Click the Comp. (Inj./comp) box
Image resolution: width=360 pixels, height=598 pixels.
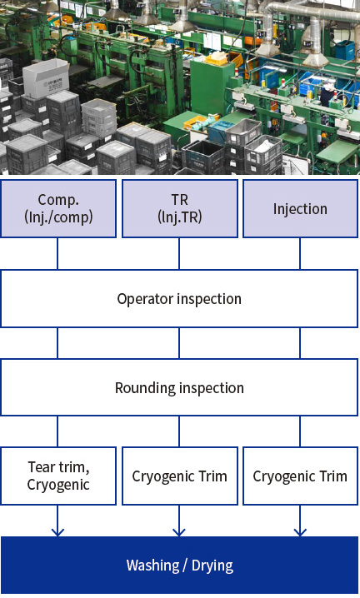58,208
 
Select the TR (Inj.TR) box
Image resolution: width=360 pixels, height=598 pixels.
179,208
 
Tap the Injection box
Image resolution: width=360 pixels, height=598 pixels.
301,208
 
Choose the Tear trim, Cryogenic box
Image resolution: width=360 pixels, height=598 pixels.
58,476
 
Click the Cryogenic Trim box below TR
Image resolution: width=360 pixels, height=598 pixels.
179,476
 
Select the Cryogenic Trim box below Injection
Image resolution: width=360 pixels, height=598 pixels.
301,476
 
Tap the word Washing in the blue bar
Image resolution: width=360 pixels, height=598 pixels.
152,566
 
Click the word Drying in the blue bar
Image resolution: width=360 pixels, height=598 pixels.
212,566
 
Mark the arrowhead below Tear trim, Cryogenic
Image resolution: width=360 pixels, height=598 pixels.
57,532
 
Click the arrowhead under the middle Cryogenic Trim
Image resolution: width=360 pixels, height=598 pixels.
179,532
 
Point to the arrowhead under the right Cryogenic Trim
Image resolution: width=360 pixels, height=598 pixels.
300,532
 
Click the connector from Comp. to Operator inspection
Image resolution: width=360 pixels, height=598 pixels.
57,254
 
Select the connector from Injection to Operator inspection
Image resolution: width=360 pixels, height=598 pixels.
300,254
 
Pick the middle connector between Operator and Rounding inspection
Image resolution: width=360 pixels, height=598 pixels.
179,343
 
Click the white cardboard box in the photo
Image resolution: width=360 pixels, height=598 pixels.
46,81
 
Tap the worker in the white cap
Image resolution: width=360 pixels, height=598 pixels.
327,94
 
